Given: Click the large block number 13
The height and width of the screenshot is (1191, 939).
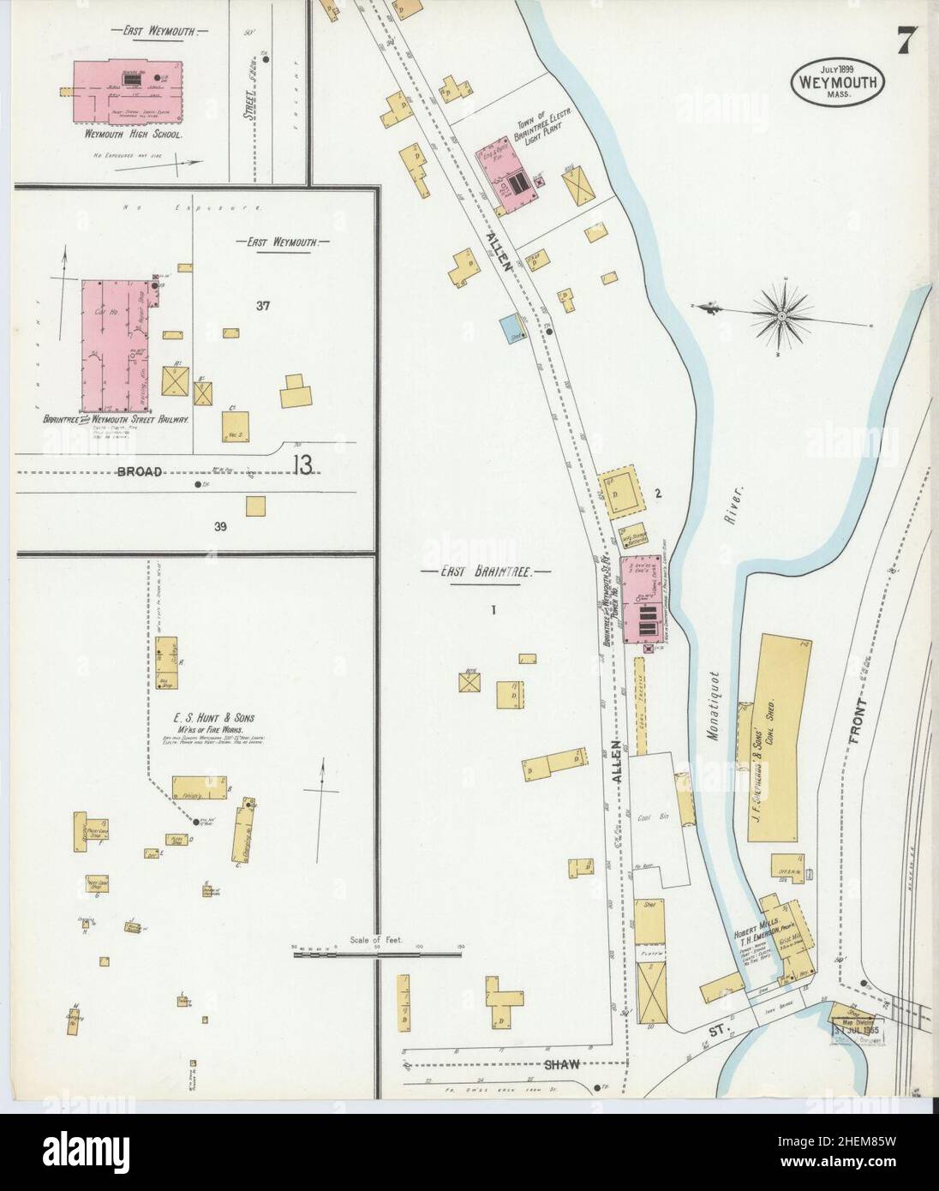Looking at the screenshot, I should (303, 464).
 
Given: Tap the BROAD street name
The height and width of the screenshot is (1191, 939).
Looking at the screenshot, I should (138, 471).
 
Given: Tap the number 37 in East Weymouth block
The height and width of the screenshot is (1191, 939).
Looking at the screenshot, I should (262, 304).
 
